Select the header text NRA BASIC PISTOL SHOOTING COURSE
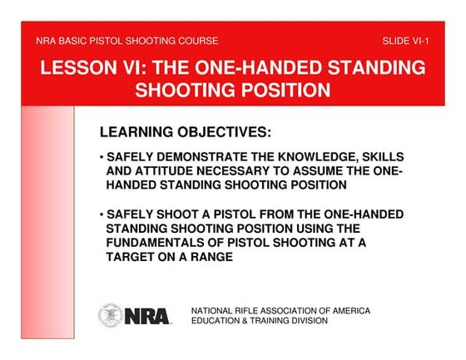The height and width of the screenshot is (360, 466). coord(127,40)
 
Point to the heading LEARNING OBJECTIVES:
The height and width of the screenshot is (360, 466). coord(186,132)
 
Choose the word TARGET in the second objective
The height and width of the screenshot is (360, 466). coord(130,256)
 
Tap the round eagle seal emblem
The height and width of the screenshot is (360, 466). coord(111,314)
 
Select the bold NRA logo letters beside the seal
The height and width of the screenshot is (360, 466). coord(146,316)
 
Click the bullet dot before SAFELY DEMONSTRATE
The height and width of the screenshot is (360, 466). coord(101,157)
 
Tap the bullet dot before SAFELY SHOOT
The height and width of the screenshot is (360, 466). coord(101,214)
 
